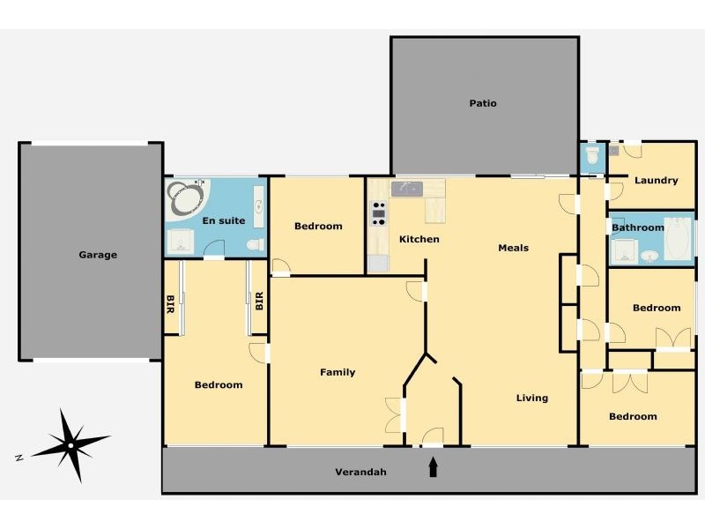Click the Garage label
tap(98, 255)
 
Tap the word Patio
tap(483, 103)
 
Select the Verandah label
tap(360, 472)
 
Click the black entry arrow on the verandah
tap(433, 467)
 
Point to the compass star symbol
tap(70, 445)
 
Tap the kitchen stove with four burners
tap(379, 213)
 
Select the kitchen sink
tap(406, 189)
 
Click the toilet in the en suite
tap(256, 245)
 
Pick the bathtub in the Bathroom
tap(679, 238)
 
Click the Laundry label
tap(656, 181)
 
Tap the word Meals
tap(514, 248)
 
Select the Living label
tap(532, 398)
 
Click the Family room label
tap(338, 372)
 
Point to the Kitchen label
tap(419, 239)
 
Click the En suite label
tap(224, 220)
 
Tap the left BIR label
tap(170, 304)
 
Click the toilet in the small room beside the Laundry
tap(593, 155)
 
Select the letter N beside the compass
tap(19, 458)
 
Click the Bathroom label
tap(637, 227)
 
